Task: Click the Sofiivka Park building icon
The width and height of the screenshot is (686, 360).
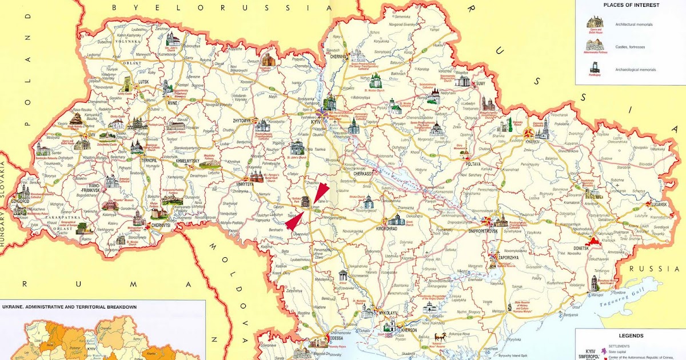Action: [x=306, y=201]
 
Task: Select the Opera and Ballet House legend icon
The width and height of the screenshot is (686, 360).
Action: [x=595, y=22]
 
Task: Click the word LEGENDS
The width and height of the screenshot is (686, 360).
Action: [x=631, y=336]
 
